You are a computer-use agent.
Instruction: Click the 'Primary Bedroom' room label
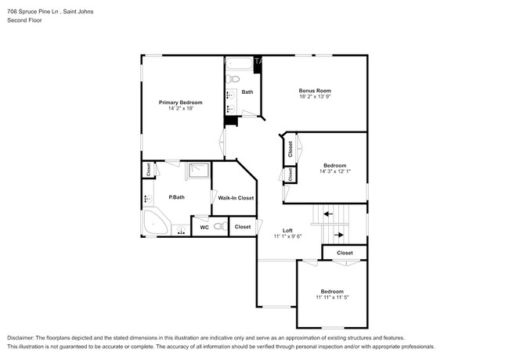pos(180,103)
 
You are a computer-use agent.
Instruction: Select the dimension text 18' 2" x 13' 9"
pos(315,97)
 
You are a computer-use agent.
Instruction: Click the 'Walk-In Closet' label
pos(236,198)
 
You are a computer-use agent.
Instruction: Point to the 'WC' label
pos(204,227)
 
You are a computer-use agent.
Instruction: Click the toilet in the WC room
pos(219,227)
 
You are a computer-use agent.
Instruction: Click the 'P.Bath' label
pos(176,197)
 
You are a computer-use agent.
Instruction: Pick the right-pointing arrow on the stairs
pos(339,234)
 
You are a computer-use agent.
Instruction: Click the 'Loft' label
pos(287,229)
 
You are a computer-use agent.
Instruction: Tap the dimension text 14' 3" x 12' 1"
pos(335,171)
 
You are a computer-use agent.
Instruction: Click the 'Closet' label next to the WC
pos(243,227)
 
